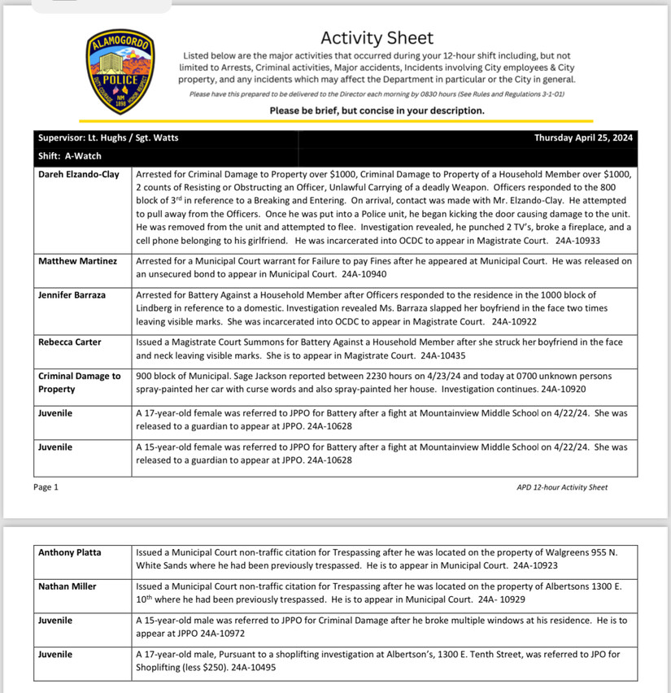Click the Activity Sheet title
click(x=377, y=37)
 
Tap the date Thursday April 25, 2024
click(x=583, y=137)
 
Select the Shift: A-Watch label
click(x=69, y=155)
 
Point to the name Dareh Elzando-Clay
click(x=78, y=174)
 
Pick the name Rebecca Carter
click(x=70, y=342)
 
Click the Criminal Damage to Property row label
click(x=79, y=381)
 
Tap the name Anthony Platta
click(x=71, y=552)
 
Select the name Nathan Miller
click(x=68, y=586)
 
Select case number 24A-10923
click(x=534, y=564)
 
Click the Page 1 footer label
click(x=46, y=487)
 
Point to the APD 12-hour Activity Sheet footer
click(x=561, y=487)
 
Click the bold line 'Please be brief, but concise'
click(x=377, y=111)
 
